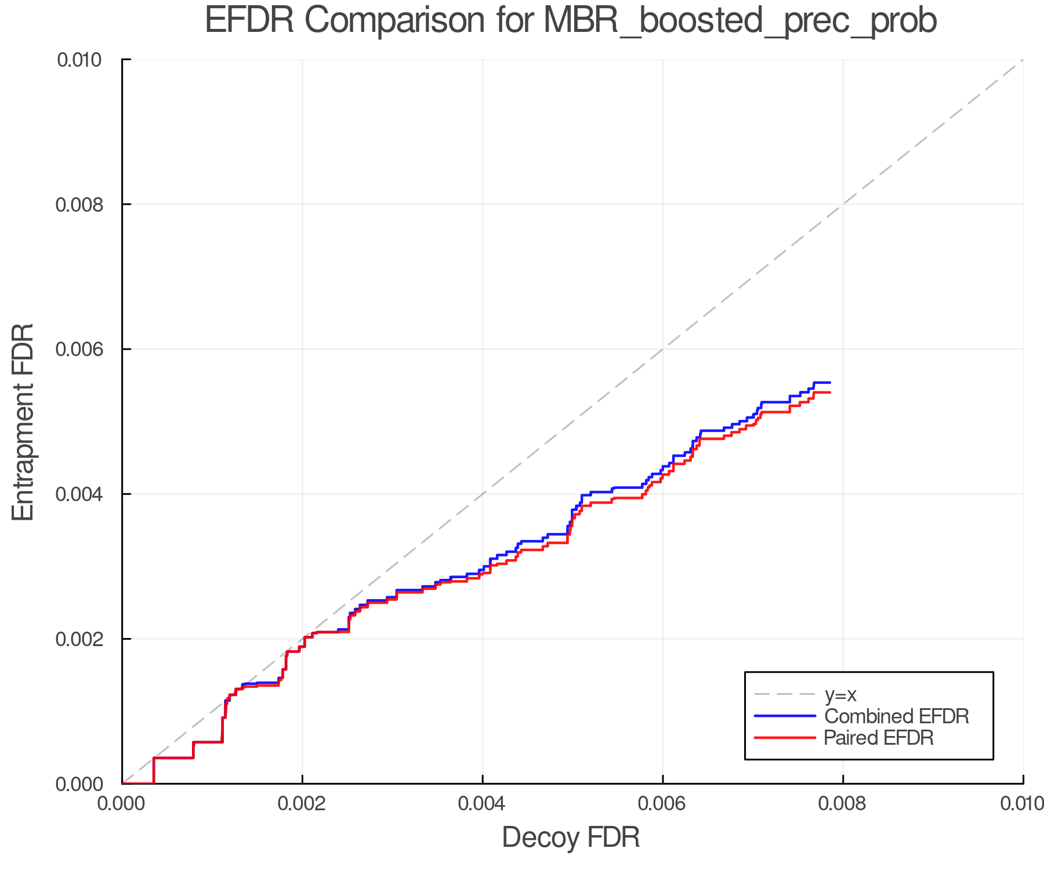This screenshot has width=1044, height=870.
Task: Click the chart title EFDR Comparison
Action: coord(571,21)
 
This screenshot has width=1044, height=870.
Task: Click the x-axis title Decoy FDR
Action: coord(571,838)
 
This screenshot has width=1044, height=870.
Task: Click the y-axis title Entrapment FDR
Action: coord(23,422)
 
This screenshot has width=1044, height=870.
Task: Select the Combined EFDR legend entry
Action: coord(896,716)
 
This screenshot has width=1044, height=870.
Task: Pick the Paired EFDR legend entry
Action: coord(879,738)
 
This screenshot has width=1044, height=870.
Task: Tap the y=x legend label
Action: coord(840,695)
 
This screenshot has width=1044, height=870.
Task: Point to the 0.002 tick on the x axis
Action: coord(302,804)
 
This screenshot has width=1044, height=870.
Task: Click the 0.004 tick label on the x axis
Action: coord(482,804)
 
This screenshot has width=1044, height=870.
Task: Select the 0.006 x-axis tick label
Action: coord(662,804)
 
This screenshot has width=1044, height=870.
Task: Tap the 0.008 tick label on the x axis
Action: coord(843,804)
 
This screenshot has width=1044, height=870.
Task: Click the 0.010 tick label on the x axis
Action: coord(1022,804)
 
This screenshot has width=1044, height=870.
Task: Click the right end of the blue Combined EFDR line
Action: coord(830,382)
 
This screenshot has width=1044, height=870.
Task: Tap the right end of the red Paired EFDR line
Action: coord(830,393)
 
